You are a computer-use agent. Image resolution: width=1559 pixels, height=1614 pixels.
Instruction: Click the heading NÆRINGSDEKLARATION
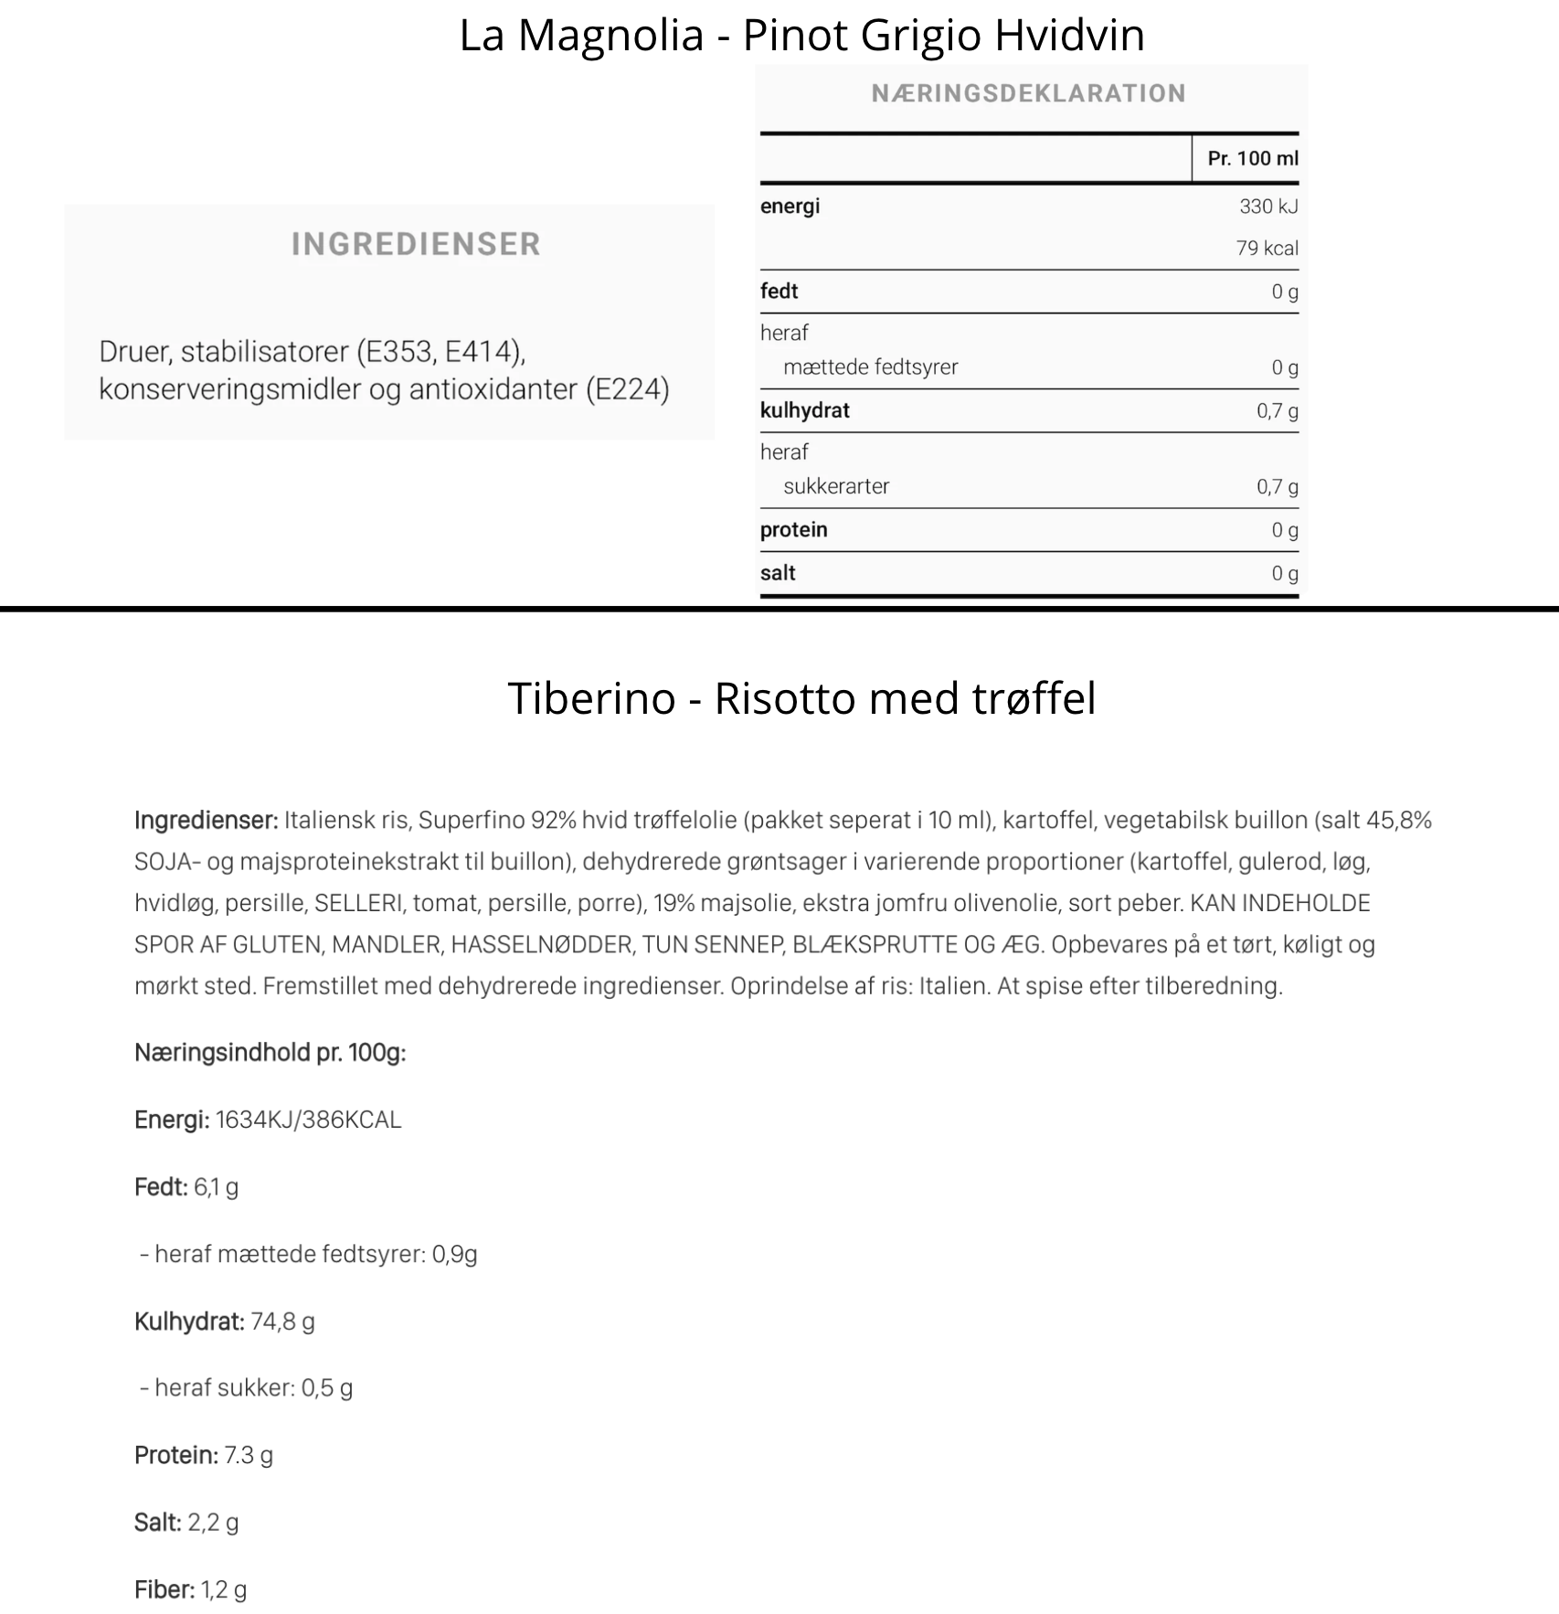[x=1028, y=93]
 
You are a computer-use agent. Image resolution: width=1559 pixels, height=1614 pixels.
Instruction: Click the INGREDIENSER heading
[x=416, y=244]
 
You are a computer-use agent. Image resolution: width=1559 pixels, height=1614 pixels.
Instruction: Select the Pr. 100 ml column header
[x=1252, y=158]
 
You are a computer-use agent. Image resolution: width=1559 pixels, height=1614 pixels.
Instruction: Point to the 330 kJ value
[x=1267, y=207]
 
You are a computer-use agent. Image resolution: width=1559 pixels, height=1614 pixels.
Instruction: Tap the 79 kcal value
[x=1267, y=248]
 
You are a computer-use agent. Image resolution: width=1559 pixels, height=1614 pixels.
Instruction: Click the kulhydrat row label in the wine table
[x=804, y=410]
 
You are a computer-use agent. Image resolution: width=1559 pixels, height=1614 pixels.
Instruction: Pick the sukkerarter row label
[x=835, y=486]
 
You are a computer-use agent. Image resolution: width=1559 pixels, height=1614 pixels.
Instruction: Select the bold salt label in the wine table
[x=778, y=573]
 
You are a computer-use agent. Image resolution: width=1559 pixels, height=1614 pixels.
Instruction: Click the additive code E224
[x=627, y=389]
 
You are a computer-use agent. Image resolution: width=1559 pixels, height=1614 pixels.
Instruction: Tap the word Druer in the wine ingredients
[x=134, y=352]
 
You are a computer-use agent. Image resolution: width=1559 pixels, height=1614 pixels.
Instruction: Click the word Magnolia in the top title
[x=611, y=37]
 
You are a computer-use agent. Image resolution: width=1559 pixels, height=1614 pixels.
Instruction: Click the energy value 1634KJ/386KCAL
[x=308, y=1120]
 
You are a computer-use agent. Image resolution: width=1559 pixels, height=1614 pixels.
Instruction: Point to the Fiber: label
[x=164, y=1590]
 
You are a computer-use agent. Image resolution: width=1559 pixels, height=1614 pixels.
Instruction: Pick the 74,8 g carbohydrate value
[x=282, y=1322]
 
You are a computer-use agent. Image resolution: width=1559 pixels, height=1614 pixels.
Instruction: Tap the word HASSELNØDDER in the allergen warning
[x=542, y=944]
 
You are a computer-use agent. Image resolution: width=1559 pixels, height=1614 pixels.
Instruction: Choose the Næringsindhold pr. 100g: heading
[x=270, y=1053]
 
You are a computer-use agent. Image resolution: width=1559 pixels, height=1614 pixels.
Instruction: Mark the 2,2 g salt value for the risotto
[x=213, y=1523]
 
